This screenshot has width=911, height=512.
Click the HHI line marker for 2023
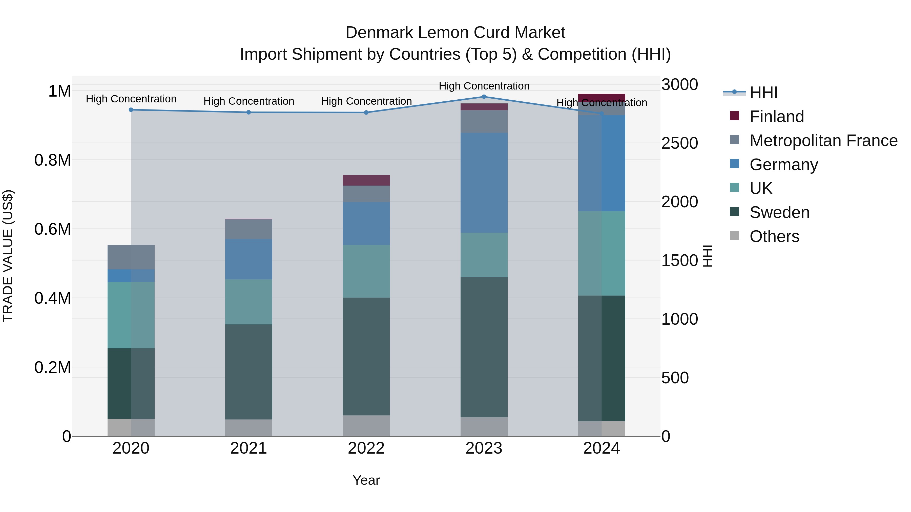[484, 97]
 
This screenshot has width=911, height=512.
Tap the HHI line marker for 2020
[131, 110]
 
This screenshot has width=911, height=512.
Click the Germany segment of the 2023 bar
[484, 183]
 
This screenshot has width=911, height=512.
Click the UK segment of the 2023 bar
[484, 255]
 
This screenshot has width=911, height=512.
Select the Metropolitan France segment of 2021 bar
[249, 229]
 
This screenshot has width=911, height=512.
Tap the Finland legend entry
[776, 117]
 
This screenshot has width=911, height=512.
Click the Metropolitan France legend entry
[823, 141]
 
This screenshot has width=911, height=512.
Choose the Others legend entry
[774, 236]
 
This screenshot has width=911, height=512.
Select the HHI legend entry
[763, 93]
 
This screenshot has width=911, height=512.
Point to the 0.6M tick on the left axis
[53, 229]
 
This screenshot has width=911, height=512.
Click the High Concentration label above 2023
[484, 86]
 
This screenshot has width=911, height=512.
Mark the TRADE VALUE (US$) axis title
[8, 256]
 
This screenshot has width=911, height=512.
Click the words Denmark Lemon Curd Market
[455, 33]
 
